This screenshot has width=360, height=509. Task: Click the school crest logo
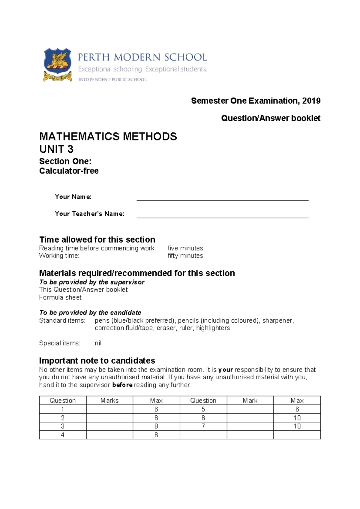(58, 64)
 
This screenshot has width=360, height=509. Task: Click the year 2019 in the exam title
(311, 101)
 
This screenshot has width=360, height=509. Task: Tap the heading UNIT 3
(56, 149)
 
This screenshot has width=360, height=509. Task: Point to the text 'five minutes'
(185, 248)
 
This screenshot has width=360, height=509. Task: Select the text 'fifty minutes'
(185, 256)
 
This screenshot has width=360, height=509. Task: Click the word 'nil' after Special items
(98, 343)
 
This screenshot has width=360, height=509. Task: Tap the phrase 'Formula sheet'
(60, 297)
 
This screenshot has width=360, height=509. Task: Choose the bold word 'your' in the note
(226, 370)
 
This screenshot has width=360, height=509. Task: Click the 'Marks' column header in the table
(109, 401)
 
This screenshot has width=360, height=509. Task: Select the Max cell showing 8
(156, 426)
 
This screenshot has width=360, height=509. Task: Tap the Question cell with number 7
(203, 426)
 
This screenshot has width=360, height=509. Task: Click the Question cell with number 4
(62, 435)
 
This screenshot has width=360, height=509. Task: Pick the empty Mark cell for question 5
(250, 409)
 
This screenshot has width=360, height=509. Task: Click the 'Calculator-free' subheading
(69, 171)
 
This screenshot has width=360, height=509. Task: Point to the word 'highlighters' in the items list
(213, 328)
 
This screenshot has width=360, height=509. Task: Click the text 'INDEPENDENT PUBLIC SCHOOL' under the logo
(112, 80)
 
